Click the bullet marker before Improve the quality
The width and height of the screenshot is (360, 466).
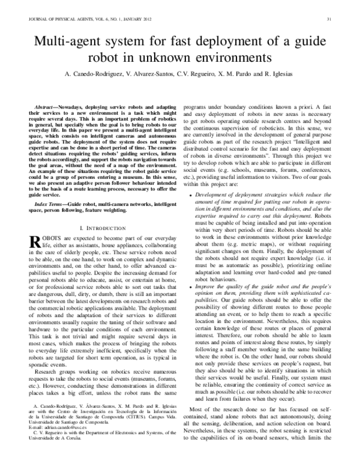[190, 287]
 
